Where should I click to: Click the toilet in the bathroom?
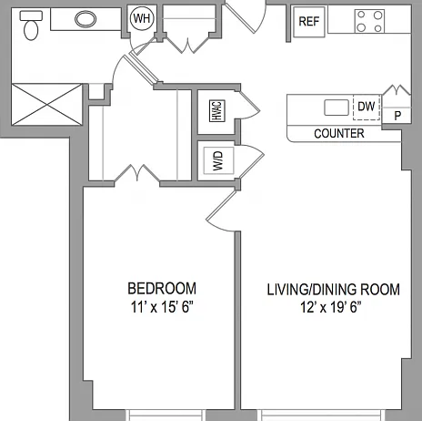tap(31, 26)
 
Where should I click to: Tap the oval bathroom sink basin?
tap(85, 19)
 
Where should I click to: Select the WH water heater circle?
tap(142, 18)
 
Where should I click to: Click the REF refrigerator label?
tap(309, 22)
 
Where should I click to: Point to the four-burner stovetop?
tap(369, 21)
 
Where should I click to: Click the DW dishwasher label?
tap(367, 107)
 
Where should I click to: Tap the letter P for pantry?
tap(397, 116)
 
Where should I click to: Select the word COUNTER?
tap(339, 134)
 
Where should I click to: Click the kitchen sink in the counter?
tap(337, 108)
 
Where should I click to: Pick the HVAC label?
tap(217, 111)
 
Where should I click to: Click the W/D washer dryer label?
tap(218, 160)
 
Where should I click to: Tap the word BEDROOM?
tap(162, 288)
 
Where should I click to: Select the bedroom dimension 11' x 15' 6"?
tap(162, 307)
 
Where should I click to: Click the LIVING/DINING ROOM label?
tap(333, 290)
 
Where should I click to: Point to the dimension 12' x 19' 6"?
tap(331, 307)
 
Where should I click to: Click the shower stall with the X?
tap(46, 105)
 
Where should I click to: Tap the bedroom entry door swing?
tap(221, 211)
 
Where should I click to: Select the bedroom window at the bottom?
tap(166, 415)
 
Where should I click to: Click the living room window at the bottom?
tap(321, 415)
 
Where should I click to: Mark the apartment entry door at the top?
tap(246, 15)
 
